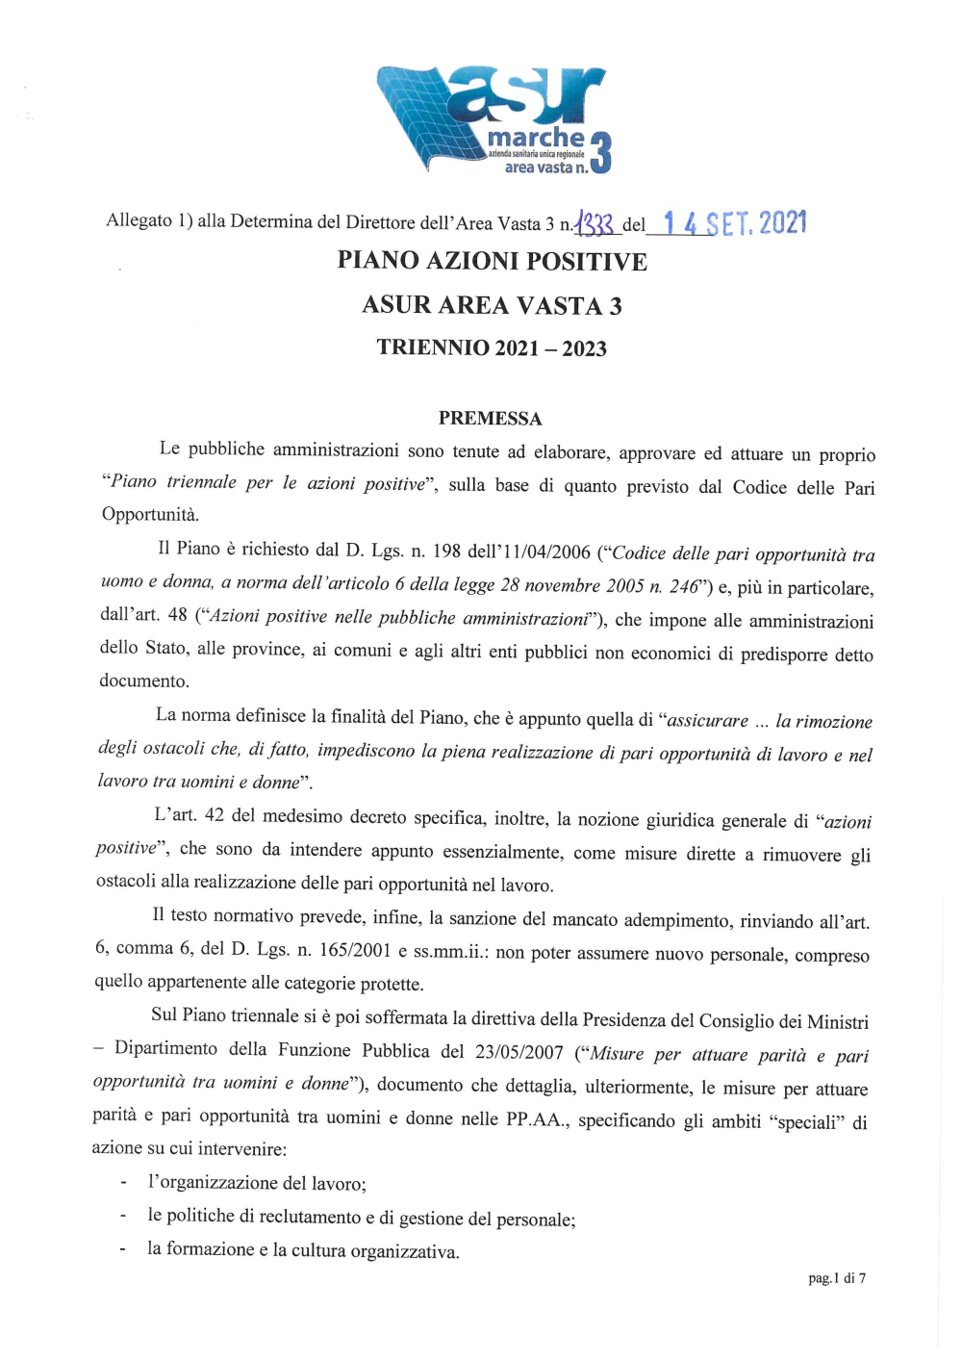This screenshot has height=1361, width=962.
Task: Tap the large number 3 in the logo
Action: coord(600,153)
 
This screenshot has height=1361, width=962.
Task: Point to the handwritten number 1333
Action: coord(595,225)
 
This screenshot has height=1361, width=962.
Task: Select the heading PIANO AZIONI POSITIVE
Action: coord(492,261)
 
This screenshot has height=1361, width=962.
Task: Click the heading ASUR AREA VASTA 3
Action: coord(492,305)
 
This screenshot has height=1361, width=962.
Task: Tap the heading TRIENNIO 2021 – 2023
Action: coord(492,347)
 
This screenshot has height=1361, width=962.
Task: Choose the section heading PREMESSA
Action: coord(490,418)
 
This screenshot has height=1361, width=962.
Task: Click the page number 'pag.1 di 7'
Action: coord(837,1278)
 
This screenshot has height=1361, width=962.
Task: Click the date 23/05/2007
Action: coord(519,1051)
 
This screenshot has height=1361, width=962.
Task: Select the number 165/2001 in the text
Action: coord(355,950)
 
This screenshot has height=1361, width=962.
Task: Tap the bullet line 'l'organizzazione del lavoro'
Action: coord(257,1183)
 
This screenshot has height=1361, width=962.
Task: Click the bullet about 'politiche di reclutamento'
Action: coord(361,1218)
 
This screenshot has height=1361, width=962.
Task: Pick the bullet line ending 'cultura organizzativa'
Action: coord(303,1250)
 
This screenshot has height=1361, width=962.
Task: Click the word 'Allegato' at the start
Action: coord(139,220)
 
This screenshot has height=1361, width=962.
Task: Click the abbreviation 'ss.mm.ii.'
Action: coord(450,951)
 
